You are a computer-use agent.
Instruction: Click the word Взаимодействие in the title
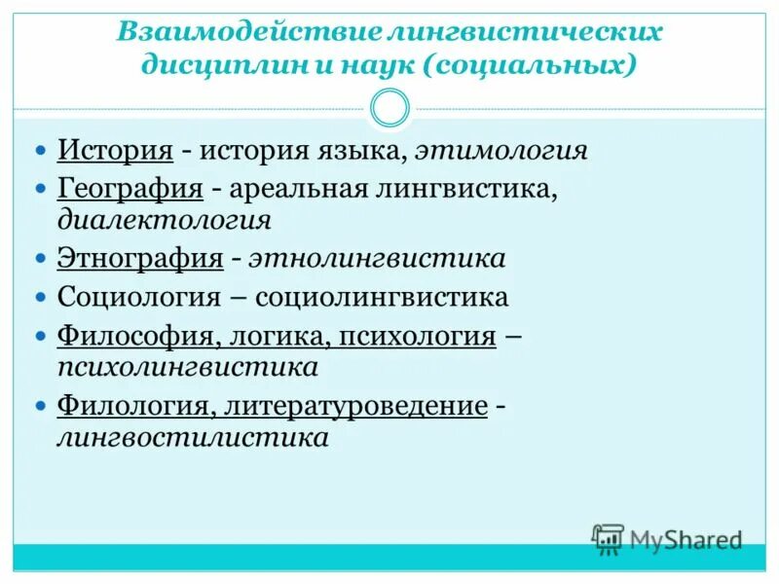247,31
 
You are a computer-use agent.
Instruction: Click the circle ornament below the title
390,108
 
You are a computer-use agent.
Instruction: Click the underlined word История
115,151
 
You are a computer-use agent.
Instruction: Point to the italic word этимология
501,152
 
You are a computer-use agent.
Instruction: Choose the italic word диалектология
164,218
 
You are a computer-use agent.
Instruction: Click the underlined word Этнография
140,259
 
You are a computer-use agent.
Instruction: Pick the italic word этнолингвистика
377,259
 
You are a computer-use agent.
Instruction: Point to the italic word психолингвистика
188,368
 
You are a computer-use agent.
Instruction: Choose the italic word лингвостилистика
193,437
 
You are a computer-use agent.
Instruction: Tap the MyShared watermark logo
667,538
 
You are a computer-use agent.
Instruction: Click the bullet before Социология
40,295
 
